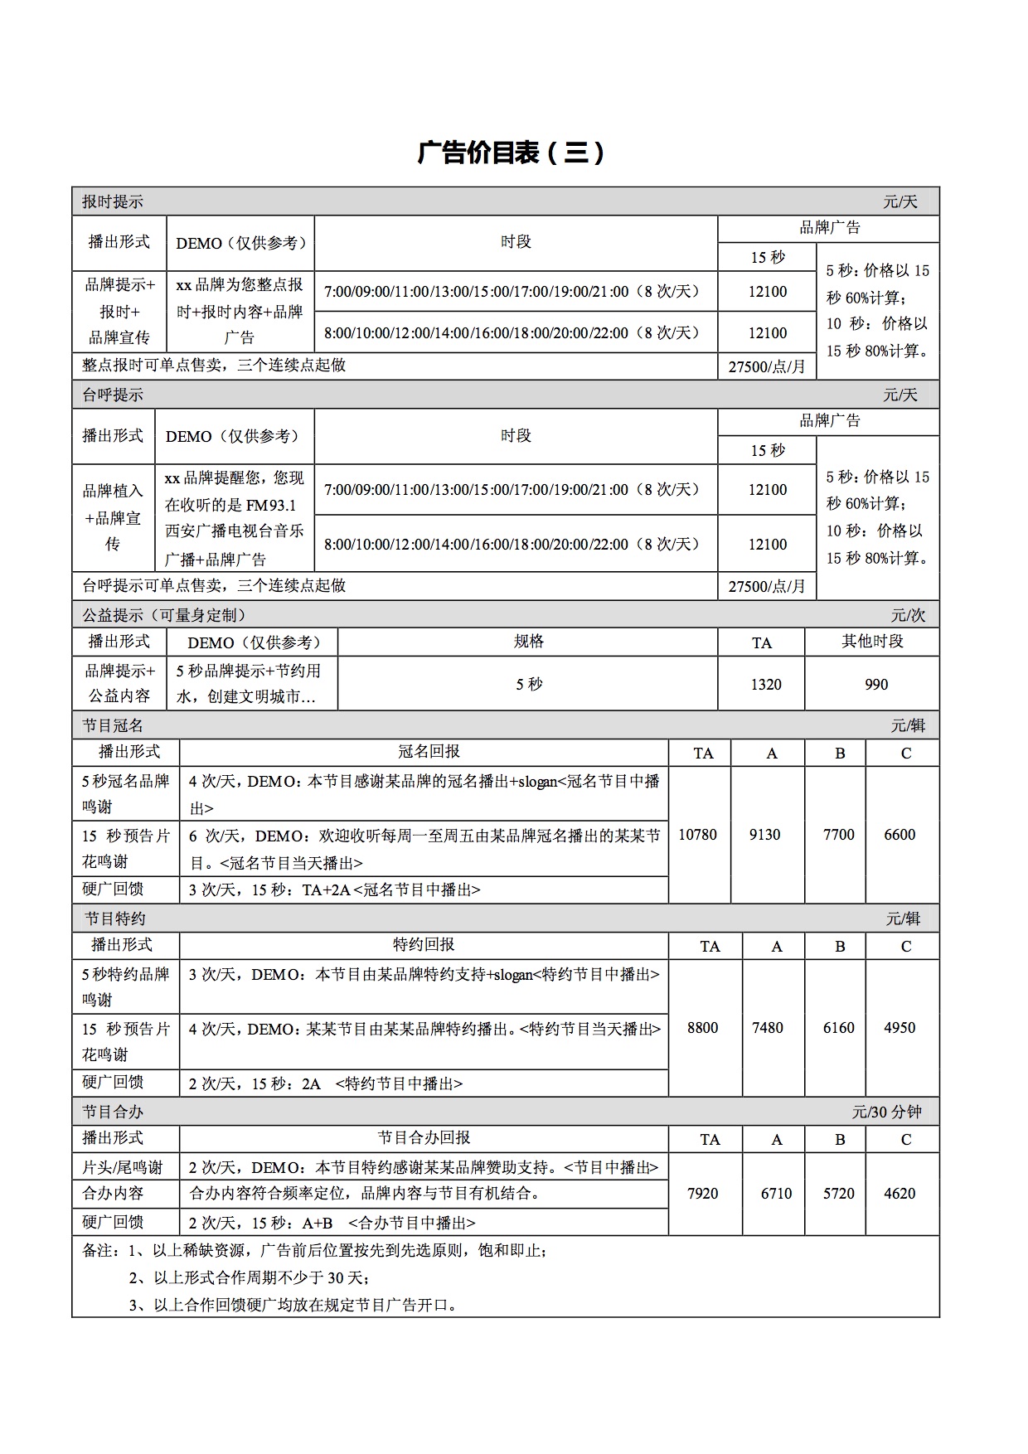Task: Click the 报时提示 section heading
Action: [x=113, y=201]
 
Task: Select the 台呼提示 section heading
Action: [x=113, y=395]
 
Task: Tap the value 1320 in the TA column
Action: [x=765, y=685]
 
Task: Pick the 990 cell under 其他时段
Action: [x=875, y=685]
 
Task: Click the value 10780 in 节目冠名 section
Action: [x=697, y=835]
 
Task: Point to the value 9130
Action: [x=764, y=835]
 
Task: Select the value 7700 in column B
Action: [x=838, y=835]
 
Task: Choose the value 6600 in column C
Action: [x=899, y=835]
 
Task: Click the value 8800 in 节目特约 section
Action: [x=702, y=1028]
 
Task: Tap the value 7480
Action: [x=767, y=1028]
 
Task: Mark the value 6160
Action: [x=838, y=1028]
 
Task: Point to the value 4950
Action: [x=899, y=1028]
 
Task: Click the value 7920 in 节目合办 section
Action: [x=702, y=1194]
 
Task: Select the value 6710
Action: [x=776, y=1194]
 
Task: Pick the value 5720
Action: [x=838, y=1194]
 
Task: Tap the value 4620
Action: [x=899, y=1194]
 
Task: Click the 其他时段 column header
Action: [x=872, y=642]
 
